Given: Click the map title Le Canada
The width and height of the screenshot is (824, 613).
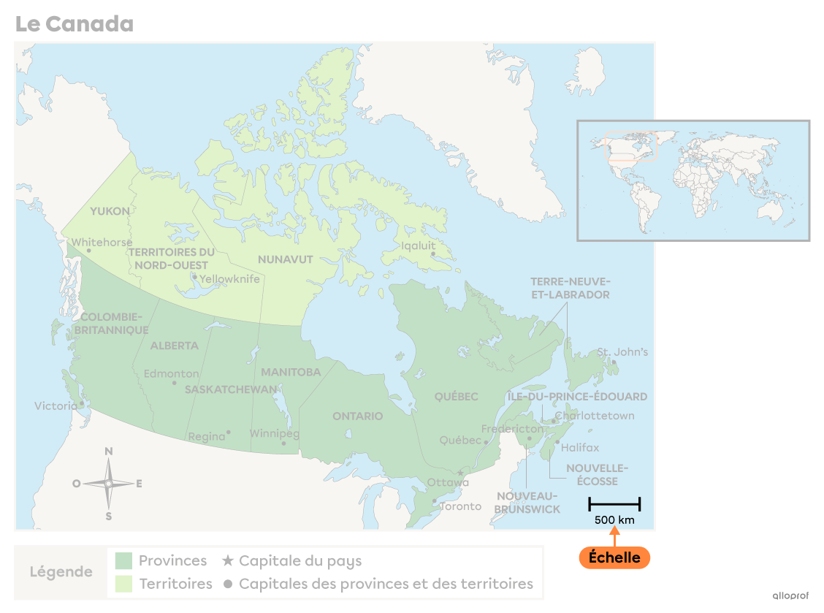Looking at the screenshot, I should [x=74, y=24].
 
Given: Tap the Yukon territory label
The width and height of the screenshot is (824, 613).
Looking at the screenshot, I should [x=110, y=211].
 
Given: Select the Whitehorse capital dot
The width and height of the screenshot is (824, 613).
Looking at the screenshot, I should [x=89, y=251].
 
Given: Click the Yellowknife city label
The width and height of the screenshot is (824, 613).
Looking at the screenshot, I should [x=229, y=279].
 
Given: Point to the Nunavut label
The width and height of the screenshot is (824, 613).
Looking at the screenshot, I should [x=285, y=259].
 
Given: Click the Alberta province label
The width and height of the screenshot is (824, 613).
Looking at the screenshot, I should [x=174, y=346].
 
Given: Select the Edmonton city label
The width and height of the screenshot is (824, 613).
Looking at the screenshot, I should [x=171, y=373].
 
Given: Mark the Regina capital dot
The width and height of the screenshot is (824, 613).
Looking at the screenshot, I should [x=229, y=432].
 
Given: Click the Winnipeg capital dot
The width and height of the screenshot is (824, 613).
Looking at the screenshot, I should [x=284, y=443].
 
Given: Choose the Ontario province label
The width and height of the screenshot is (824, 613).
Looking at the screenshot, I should [x=357, y=416].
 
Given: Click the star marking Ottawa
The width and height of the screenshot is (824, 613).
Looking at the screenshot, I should [x=459, y=473].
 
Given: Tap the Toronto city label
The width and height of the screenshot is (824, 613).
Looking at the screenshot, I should [x=460, y=506].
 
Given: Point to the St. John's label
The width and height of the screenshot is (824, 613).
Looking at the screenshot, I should [x=622, y=351].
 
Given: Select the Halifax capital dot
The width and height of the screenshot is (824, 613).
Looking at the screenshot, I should [x=557, y=441].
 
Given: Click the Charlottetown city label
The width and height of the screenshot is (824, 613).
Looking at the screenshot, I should [x=595, y=416].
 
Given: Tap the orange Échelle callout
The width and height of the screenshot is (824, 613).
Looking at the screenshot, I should [x=614, y=557].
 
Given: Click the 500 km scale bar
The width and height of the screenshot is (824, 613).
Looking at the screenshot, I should [x=614, y=503].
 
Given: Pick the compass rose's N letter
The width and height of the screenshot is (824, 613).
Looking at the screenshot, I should [x=109, y=452].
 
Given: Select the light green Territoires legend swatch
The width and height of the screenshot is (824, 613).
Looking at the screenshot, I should [x=123, y=583].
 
